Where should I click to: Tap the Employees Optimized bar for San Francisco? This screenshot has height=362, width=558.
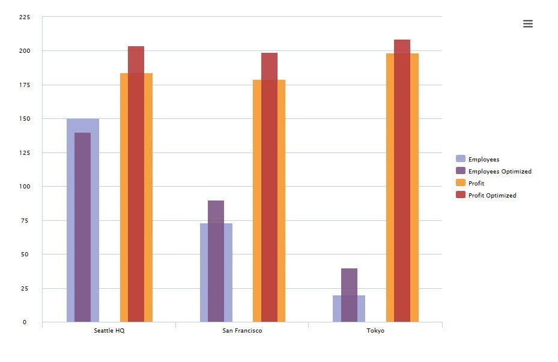tap(216, 261)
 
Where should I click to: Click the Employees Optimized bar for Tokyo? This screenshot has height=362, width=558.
tap(349, 295)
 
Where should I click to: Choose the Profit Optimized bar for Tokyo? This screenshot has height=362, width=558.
tap(402, 181)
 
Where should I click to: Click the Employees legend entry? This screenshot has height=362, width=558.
tap(484, 159)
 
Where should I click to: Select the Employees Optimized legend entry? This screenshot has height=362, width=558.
tap(499, 171)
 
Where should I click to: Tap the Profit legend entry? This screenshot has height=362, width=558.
tap(476, 183)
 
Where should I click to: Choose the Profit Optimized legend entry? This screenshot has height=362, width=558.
tap(492, 195)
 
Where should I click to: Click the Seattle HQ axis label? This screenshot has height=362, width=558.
tap(109, 331)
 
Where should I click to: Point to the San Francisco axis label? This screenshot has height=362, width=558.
tap(242, 331)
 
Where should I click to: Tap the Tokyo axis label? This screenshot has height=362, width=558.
tap(375, 331)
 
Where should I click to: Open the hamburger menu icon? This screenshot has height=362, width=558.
tap(528, 24)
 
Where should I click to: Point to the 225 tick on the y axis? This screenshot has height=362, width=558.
tap(24, 17)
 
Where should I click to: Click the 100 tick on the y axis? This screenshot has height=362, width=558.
tap(24, 187)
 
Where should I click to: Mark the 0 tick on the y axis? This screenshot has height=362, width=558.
tap(25, 322)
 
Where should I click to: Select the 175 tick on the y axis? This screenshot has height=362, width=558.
tap(24, 85)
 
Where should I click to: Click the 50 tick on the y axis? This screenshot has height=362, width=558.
tap(24, 255)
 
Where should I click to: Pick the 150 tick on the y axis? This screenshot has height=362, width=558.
tap(24, 119)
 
